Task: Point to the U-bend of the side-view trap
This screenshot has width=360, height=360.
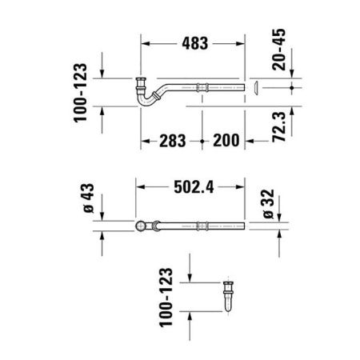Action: pyautogui.click(x=146, y=101)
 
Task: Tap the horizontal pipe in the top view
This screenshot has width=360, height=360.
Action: pyautogui.click(x=200, y=227)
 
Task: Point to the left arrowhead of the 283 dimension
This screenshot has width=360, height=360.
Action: pyautogui.click(x=145, y=140)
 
